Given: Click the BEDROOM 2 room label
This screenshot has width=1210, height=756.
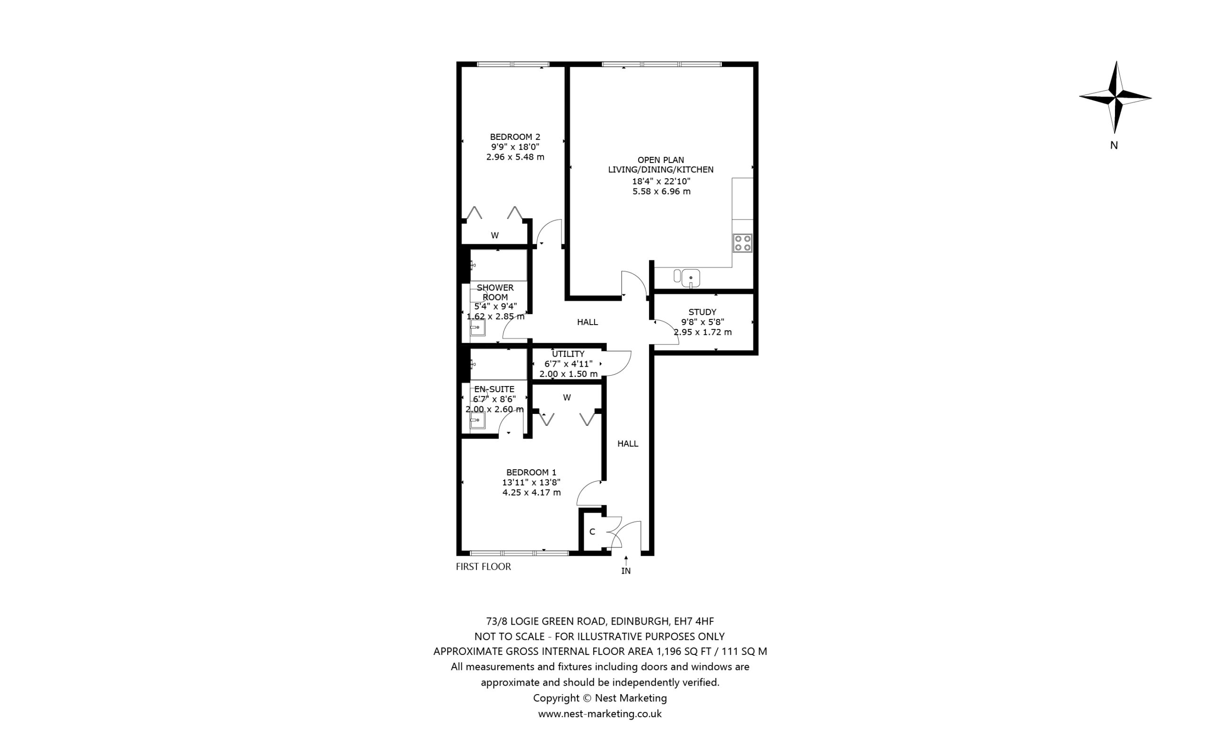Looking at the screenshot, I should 515,137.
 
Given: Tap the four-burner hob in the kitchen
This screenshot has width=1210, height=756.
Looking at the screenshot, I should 742,243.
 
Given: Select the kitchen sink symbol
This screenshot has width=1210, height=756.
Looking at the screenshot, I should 690,278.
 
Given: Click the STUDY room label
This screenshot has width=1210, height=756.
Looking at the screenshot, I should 702,312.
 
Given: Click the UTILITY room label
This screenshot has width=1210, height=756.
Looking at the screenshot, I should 568,353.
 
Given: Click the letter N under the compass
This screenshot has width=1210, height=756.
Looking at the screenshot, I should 1114,146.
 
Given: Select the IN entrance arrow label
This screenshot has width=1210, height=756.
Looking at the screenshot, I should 625,570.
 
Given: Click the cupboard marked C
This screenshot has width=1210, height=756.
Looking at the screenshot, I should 592,532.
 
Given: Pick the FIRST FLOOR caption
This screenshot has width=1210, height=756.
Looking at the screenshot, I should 483,567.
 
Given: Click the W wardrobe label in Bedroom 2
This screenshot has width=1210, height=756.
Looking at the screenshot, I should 494,235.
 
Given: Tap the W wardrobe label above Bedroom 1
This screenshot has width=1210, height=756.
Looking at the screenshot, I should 567,397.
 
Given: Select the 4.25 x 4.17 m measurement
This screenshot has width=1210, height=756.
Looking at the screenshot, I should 531,492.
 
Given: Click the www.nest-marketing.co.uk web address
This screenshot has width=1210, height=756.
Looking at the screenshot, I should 599,714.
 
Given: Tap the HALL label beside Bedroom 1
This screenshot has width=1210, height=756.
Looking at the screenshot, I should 628,444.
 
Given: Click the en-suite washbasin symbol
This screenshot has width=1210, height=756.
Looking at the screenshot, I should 477,420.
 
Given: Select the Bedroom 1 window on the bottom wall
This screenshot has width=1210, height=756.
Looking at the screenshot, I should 519,553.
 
